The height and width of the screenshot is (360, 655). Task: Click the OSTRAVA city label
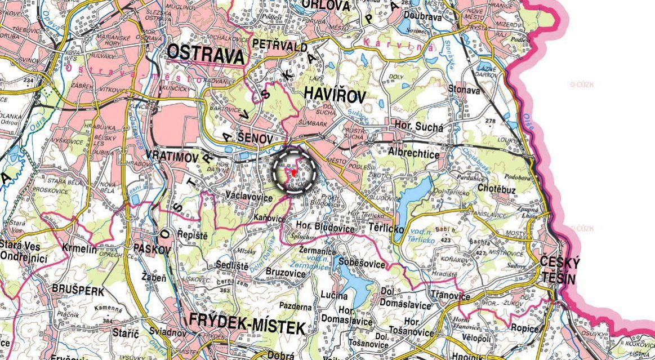tap(207, 54)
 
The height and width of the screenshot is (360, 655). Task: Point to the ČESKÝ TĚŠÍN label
tap(560, 269)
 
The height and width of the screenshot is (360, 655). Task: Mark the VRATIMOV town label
tap(172, 158)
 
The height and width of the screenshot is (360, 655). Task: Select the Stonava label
tap(464, 90)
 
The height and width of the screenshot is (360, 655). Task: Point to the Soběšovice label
tap(362, 264)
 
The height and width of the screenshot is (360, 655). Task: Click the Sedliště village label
tap(232, 265)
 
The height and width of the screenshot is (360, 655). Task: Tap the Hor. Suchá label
tap(418, 127)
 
